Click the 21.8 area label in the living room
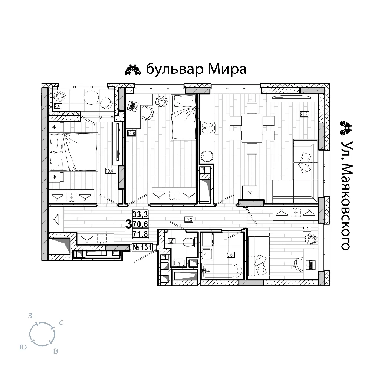(x=304, y=115)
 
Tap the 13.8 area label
(x=131, y=134)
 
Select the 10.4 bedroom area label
(x=109, y=171)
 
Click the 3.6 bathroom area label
(x=230, y=255)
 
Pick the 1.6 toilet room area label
(x=171, y=241)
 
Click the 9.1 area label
(x=306, y=229)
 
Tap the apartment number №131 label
(x=142, y=247)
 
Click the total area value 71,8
(x=140, y=234)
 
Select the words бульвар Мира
(x=196, y=69)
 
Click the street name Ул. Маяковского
(x=346, y=196)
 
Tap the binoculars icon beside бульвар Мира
(x=133, y=70)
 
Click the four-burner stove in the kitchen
(x=207, y=128)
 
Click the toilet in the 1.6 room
(x=189, y=242)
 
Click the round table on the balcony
(x=91, y=98)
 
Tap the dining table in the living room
(x=252, y=128)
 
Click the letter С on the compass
(x=61, y=323)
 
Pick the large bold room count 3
(x=128, y=224)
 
